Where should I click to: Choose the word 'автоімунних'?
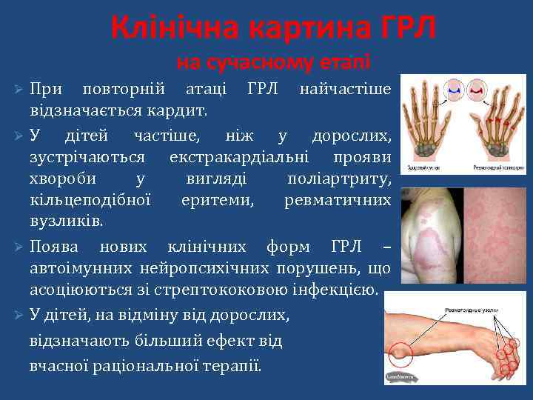click(x=78, y=267)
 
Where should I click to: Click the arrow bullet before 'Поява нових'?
click(x=20, y=246)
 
